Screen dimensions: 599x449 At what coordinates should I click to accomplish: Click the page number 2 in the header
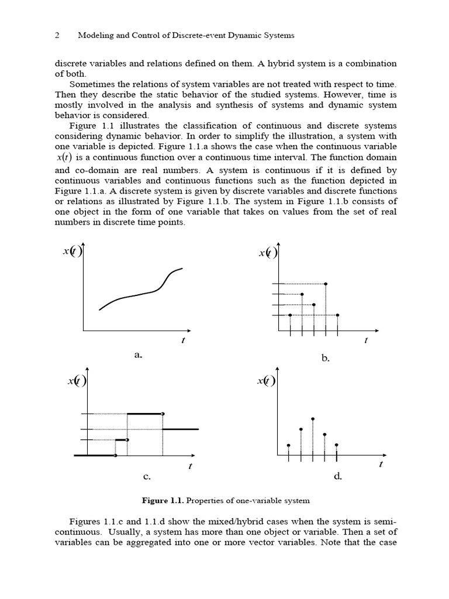point(57,35)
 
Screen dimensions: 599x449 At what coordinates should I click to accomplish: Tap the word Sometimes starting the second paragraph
point(92,84)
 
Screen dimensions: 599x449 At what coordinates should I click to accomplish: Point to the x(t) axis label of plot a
point(73,252)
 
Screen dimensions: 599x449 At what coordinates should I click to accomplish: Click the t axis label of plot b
point(366,341)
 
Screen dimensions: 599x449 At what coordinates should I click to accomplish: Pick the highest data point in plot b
point(326,284)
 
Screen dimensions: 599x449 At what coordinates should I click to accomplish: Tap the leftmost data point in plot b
point(291,315)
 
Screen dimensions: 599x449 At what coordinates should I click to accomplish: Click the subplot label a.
point(139,354)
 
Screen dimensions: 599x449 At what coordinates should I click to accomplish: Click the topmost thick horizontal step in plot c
point(144,414)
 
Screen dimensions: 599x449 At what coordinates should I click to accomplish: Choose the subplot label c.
point(147,476)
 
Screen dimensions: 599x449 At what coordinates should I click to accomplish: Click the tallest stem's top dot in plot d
point(313,419)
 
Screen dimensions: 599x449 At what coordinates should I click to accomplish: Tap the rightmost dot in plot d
point(337,445)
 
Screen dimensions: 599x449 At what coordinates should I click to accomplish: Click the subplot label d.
point(338,476)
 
